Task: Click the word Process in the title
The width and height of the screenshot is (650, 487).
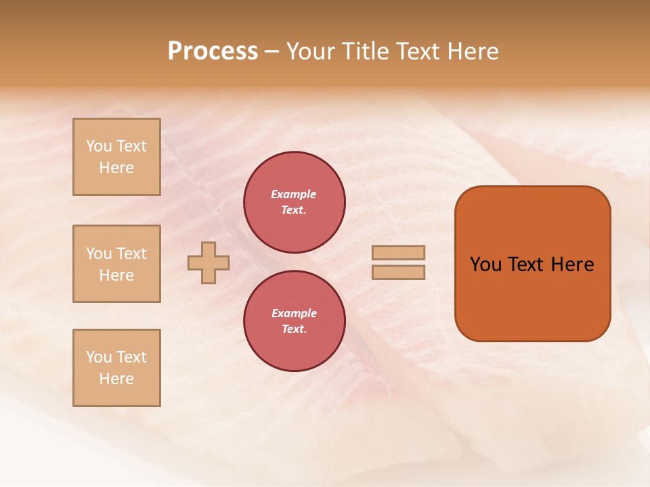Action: tap(213, 51)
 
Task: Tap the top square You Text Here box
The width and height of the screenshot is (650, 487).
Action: tap(116, 157)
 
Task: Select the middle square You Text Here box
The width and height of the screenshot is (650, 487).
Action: tap(116, 264)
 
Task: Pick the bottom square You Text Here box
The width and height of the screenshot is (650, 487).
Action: tap(116, 368)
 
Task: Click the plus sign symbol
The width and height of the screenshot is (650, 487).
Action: tap(209, 262)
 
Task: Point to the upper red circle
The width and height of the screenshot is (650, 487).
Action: tap(294, 202)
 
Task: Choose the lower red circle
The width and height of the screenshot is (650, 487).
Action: tap(294, 321)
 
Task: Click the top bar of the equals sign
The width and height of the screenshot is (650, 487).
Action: tap(398, 252)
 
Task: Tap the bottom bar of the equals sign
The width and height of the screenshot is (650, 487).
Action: tap(398, 272)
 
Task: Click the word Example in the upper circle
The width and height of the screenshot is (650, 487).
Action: tap(293, 194)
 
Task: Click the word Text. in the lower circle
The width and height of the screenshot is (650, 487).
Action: tap(294, 329)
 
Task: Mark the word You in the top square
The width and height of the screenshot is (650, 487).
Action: tap(99, 146)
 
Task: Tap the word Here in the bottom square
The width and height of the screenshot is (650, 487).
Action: tap(116, 379)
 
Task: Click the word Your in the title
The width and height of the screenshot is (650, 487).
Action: tap(312, 51)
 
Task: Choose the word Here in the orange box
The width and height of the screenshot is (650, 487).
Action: tap(572, 264)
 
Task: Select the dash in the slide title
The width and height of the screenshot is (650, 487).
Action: tap(272, 52)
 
